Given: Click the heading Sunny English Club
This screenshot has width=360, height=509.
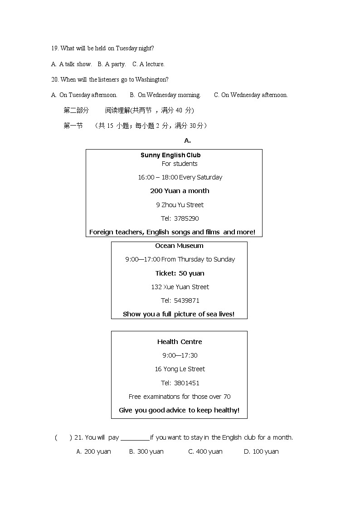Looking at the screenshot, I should click(x=170, y=155).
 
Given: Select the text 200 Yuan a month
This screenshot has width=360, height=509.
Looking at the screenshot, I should click(x=180, y=191).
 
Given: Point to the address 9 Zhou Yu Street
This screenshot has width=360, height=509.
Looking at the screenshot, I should click(x=180, y=205).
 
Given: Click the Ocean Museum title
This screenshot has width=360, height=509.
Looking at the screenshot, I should click(x=179, y=246).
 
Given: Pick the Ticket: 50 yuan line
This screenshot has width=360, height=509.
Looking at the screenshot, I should click(x=180, y=273).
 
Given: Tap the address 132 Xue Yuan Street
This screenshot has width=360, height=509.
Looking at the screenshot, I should click(x=180, y=287).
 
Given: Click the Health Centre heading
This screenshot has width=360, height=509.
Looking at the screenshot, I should click(x=180, y=342).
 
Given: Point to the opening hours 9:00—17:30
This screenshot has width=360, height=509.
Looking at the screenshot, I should click(x=180, y=355).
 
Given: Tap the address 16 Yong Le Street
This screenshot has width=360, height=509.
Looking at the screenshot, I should click(x=180, y=369).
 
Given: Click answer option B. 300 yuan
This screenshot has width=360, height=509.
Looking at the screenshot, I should click(x=146, y=451).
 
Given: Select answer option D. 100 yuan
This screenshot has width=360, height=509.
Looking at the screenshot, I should click(x=261, y=451).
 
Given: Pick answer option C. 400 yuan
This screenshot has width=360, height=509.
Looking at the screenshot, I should click(x=205, y=451).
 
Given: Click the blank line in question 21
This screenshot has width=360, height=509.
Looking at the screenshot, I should click(x=135, y=438).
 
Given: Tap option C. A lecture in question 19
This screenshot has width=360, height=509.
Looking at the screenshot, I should click(x=148, y=64).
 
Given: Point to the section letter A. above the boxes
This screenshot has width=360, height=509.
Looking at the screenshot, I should click(x=187, y=141).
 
